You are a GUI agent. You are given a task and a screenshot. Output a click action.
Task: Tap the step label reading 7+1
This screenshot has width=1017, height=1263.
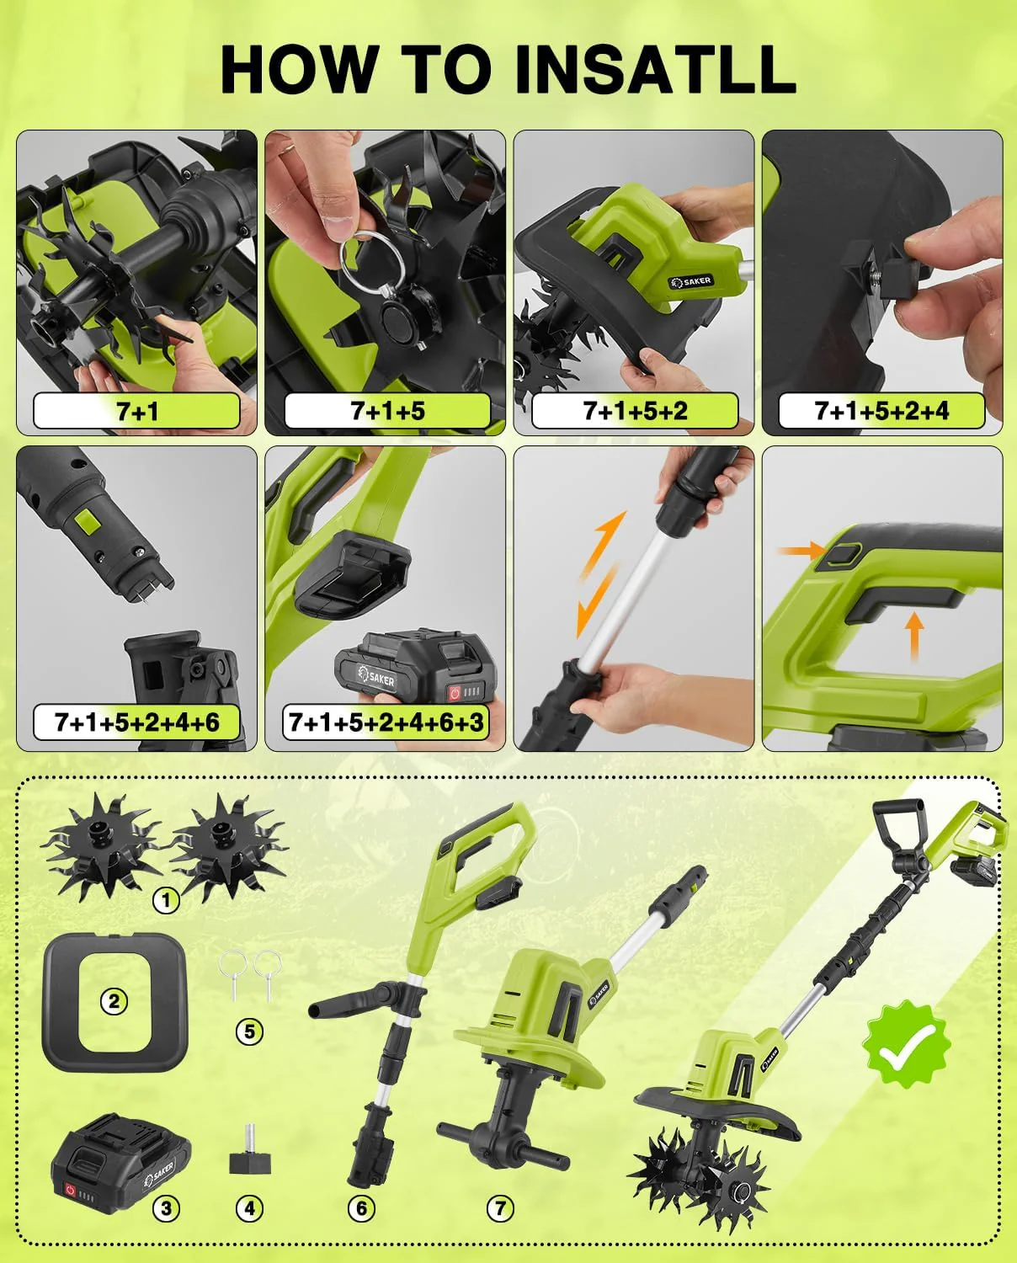point(137,411)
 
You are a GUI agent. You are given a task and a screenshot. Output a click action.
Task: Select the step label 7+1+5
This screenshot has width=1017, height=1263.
point(387,411)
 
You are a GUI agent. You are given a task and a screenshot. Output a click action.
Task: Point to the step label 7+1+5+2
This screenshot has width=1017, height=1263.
point(635,411)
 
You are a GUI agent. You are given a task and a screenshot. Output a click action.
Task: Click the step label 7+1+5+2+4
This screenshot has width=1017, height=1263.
point(881,411)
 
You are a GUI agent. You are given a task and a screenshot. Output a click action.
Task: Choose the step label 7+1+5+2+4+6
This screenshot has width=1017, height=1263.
point(137,722)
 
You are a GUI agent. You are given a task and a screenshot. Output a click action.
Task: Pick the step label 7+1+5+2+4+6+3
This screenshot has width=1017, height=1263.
point(386,722)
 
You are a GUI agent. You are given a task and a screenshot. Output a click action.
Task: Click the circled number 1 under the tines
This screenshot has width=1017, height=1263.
point(167,900)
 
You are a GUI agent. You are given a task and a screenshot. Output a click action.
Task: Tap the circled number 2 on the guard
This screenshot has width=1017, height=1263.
point(114,1001)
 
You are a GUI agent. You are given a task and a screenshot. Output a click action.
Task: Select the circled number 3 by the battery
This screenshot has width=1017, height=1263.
point(167,1209)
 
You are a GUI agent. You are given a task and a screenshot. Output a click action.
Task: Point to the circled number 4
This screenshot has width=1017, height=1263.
point(249,1209)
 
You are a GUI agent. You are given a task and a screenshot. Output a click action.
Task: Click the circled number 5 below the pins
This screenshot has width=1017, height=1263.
point(249,1031)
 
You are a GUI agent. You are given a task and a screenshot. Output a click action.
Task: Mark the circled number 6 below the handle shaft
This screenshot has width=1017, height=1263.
point(361,1209)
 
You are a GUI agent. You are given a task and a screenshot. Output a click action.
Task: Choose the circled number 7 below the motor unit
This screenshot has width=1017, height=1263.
point(500,1209)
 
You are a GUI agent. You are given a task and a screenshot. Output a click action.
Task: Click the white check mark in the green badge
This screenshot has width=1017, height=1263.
point(907,1043)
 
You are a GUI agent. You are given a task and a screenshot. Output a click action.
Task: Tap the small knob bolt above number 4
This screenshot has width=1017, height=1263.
point(249,1161)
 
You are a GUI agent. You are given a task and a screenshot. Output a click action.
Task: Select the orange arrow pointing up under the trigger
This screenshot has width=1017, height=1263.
point(913,635)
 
